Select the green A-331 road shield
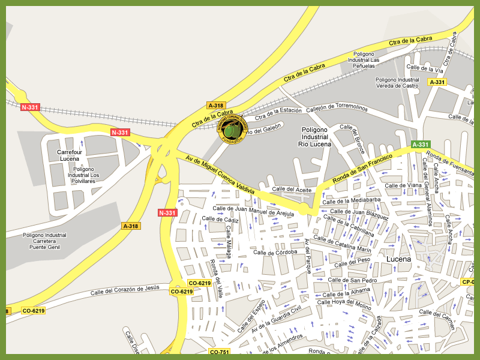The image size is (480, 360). pyautogui.click(x=421, y=145)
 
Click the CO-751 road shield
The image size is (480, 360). pyautogui.click(x=220, y=352)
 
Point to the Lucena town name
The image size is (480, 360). pyautogui.click(x=399, y=259)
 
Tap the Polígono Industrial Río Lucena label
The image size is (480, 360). pyautogui.click(x=314, y=137)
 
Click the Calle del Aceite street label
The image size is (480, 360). pyautogui.click(x=292, y=190)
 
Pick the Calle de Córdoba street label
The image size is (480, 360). pyautogui.click(x=275, y=253)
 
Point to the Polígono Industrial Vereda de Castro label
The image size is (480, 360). pyautogui.click(x=397, y=83)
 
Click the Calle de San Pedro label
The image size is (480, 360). pyautogui.click(x=352, y=280)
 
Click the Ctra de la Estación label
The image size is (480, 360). pyautogui.click(x=278, y=112)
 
